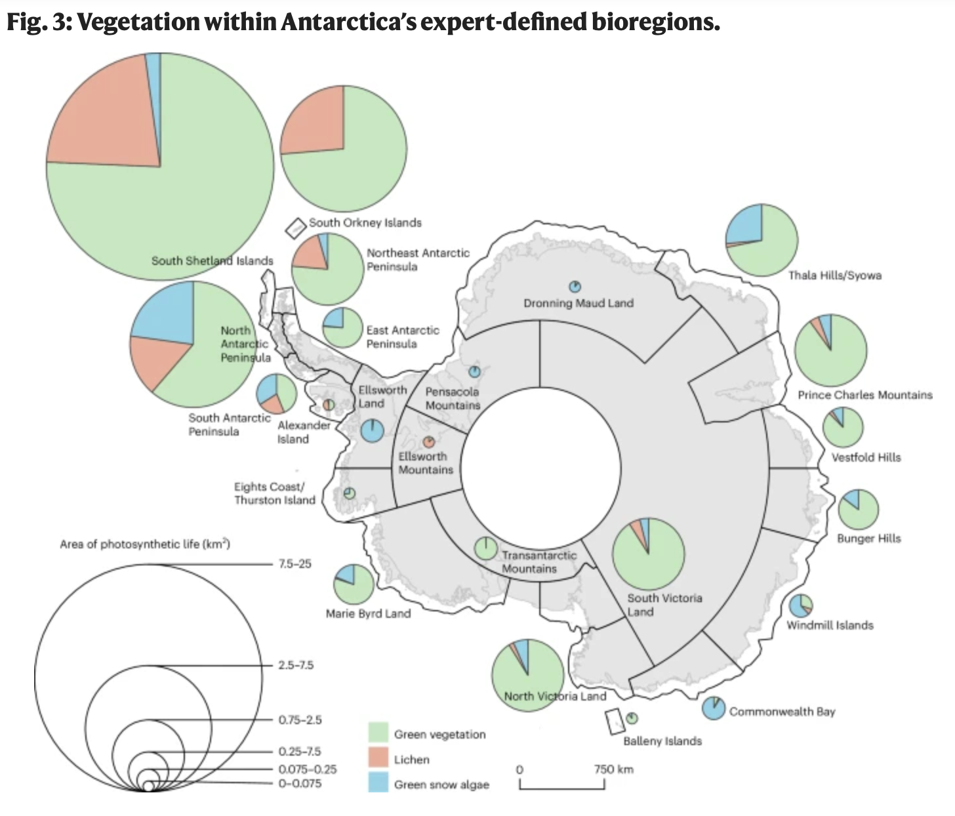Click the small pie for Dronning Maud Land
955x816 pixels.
click(575, 287)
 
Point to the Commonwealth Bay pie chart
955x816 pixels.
click(713, 708)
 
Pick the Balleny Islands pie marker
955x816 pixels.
click(632, 718)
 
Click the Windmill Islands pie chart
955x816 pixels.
click(801, 605)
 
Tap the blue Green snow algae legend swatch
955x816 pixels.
click(378, 784)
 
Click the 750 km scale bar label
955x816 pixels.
click(614, 769)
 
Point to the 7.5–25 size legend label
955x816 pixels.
click(295, 563)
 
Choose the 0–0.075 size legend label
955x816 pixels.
click(300, 783)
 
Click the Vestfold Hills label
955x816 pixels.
click(866, 457)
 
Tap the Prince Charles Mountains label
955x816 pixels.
click(864, 395)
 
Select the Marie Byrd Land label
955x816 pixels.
click(368, 614)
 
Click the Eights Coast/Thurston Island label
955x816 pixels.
click(275, 493)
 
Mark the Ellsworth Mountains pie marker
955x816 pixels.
click(429, 443)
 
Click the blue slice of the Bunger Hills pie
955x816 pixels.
click(852, 499)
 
